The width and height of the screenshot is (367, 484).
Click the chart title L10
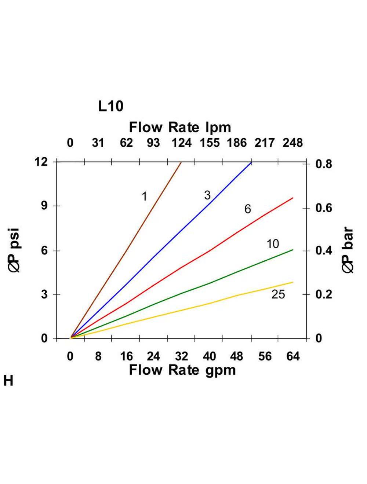coord(110,106)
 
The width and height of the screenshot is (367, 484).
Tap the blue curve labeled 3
coord(165,249)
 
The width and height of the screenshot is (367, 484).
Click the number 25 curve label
coord(278,294)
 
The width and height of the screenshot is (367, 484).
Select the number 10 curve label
coord(273,244)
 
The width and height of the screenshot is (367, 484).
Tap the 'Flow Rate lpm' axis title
coord(180,127)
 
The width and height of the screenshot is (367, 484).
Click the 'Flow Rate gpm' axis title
coord(182,370)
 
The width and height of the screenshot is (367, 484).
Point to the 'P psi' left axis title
coord(15,250)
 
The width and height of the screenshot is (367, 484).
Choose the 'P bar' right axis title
coord(348,250)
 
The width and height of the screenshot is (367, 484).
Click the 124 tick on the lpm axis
coord(181,143)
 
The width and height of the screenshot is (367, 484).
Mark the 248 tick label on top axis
coord(292,143)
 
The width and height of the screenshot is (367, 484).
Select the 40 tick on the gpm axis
coord(210,356)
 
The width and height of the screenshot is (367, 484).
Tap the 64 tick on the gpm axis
coord(293,356)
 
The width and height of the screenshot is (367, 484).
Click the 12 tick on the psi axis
coord(41,162)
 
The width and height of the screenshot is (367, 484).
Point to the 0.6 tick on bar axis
coord(324,208)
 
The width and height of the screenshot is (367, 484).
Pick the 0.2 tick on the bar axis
coord(324,294)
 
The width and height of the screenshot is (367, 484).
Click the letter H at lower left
coord(8,381)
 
